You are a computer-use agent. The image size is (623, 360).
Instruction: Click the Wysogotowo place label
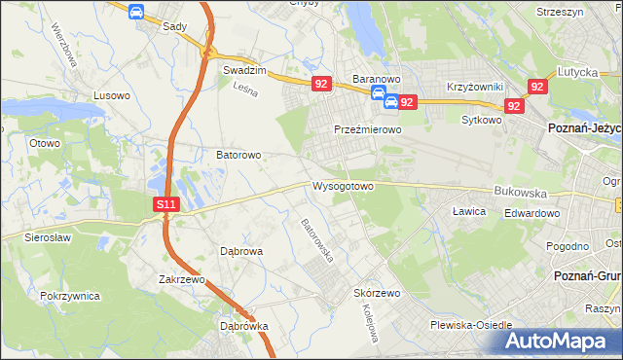343,186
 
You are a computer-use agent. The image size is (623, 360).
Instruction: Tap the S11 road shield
167,204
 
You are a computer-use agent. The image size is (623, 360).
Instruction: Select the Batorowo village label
238,155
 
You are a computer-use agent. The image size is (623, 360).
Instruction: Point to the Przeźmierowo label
368,129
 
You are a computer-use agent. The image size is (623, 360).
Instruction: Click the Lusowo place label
111,95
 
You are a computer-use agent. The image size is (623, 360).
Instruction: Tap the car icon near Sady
136,12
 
